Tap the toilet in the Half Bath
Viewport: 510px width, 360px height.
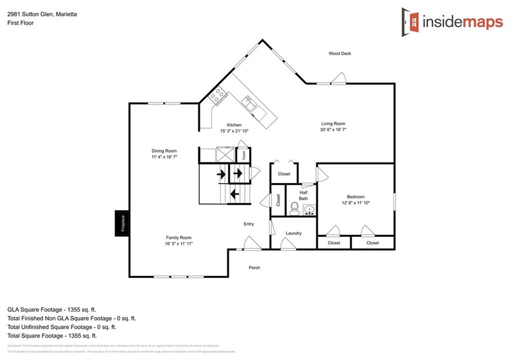[x=294, y=209]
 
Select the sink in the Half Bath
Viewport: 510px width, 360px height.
[x=309, y=210]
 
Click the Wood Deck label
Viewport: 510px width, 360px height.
[x=340, y=53]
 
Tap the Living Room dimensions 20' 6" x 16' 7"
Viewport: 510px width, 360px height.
[x=333, y=129]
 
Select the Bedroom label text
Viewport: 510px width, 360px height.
[x=356, y=197]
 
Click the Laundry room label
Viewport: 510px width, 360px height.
[x=294, y=233]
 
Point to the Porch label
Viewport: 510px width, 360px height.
[x=254, y=268]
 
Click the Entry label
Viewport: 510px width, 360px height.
[x=249, y=224]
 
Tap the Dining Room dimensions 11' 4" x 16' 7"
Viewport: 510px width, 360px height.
[x=164, y=157]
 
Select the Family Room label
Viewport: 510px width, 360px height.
[x=178, y=238]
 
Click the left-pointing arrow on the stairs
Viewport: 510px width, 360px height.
[x=235, y=194]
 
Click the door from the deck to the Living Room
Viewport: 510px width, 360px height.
[x=339, y=79]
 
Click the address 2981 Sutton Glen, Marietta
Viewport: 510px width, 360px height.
[x=42, y=14]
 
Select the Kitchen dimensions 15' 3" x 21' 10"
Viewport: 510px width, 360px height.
[x=234, y=131]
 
